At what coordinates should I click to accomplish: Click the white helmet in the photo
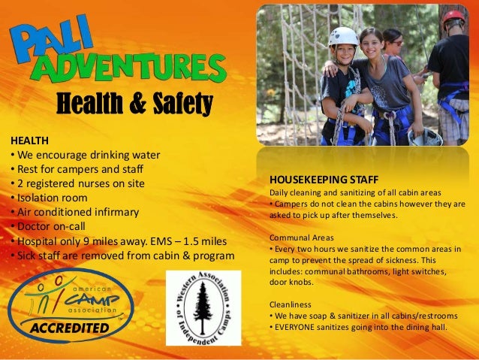(x=344, y=36)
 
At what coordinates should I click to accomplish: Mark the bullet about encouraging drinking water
(x=86, y=155)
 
